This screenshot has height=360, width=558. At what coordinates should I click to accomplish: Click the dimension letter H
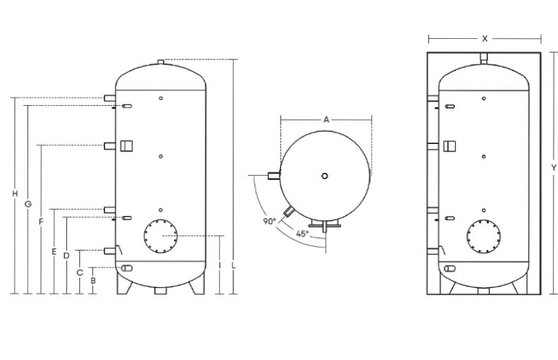coord(14,194)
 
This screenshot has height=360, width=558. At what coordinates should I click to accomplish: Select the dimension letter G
coord(28,205)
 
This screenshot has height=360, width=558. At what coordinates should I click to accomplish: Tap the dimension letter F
coord(41,222)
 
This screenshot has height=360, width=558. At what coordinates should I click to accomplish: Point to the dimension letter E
coord(54,251)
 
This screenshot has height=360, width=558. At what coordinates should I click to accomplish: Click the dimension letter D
coord(66,256)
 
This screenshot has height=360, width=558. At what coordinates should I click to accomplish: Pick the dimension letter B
coord(93,280)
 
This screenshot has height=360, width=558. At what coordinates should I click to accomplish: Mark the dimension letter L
coord(234,266)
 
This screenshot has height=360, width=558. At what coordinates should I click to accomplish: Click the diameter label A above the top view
coord(326,120)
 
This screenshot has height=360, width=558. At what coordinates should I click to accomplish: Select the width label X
coord(485,39)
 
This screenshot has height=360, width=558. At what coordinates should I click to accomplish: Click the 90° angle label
coord(269,221)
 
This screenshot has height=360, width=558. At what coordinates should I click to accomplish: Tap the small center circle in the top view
coord(324,175)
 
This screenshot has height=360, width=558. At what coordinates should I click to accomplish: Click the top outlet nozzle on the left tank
coord(161,63)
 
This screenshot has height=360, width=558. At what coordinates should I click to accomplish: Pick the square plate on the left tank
coord(126,145)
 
